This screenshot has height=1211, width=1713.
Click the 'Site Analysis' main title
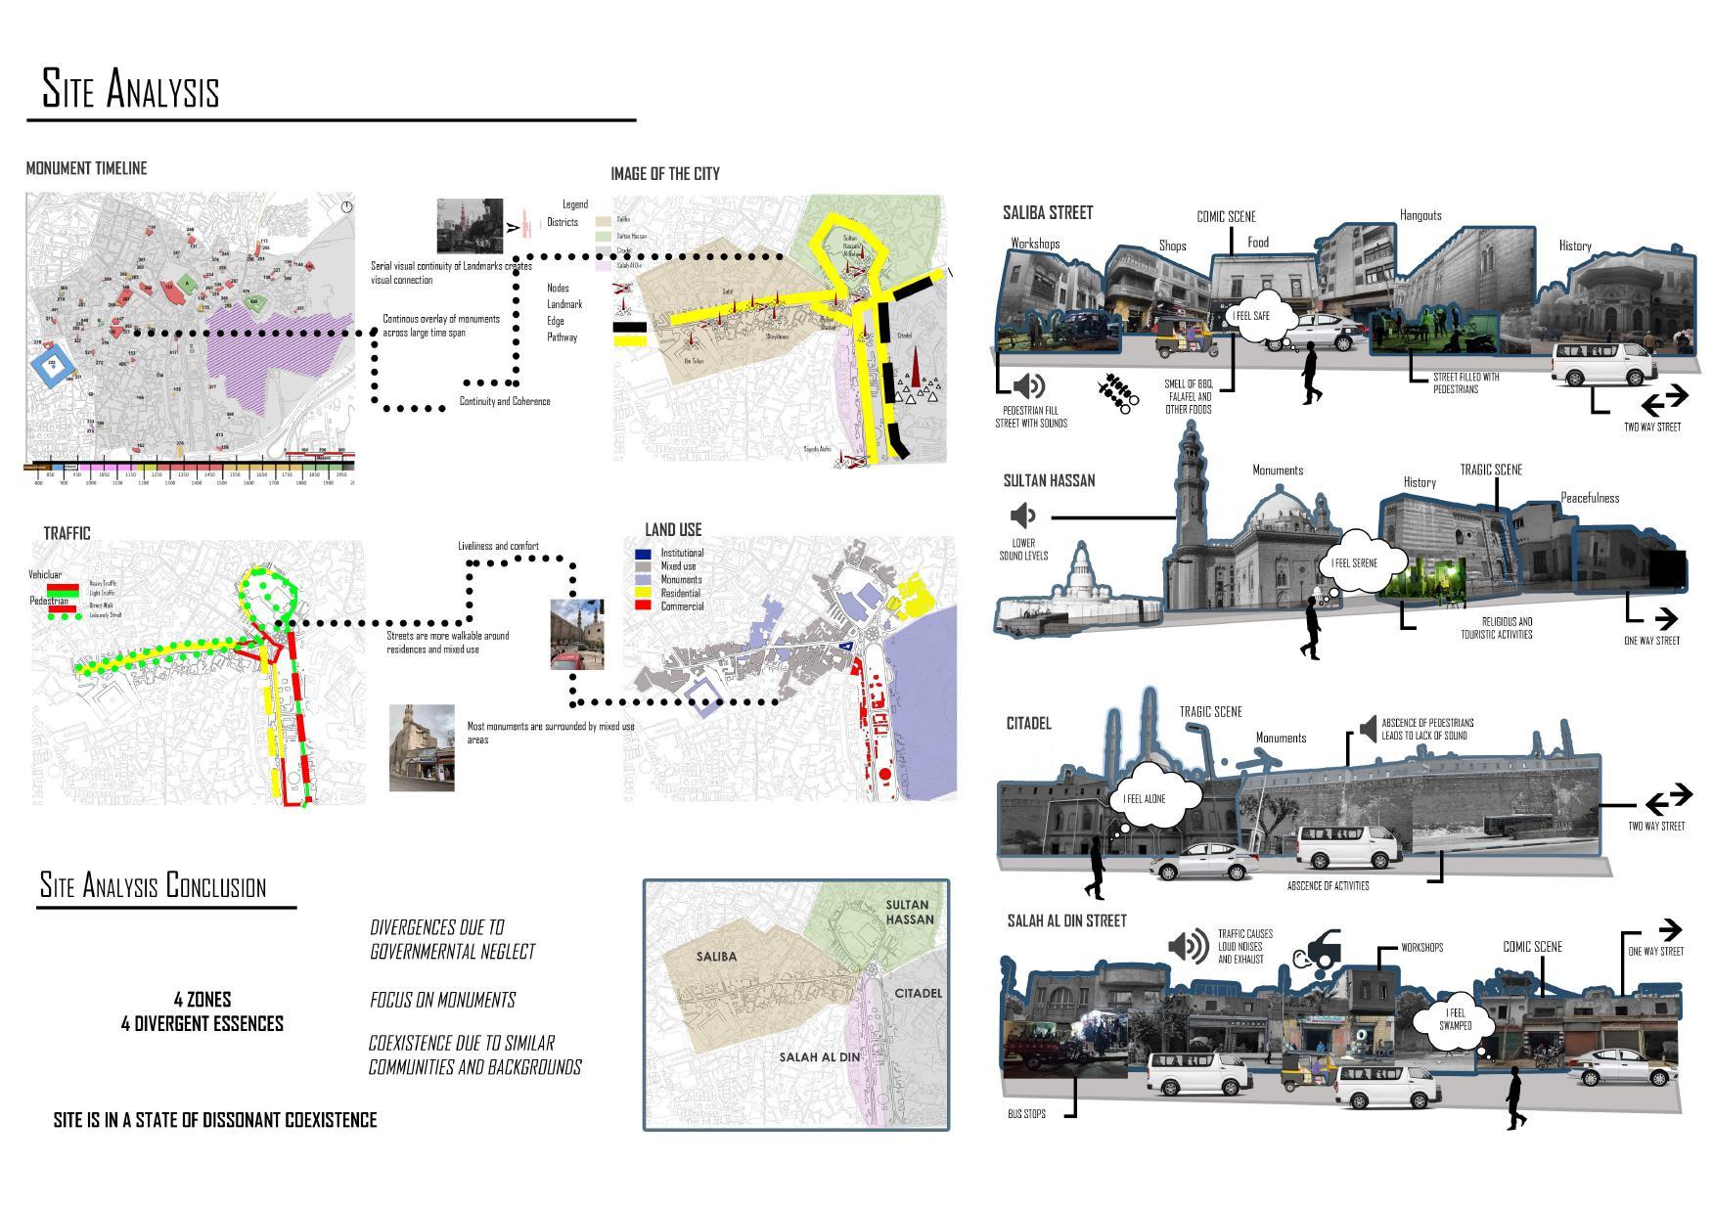pyautogui.click(x=130, y=89)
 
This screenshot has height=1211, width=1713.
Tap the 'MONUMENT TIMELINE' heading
pyautogui.click(x=86, y=168)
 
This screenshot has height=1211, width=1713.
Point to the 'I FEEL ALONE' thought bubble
pyautogui.click(x=1144, y=798)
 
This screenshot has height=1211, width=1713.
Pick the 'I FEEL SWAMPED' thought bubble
pyautogui.click(x=1455, y=1019)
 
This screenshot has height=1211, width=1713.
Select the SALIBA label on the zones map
pyautogui.click(x=716, y=956)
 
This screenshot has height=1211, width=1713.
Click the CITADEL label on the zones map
pyautogui.click(x=918, y=993)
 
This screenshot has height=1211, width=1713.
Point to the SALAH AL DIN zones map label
pyautogui.click(x=819, y=1056)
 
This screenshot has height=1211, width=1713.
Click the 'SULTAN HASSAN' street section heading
pyautogui.click(x=1049, y=480)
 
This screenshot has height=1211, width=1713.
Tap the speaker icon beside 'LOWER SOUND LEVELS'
pyautogui.click(x=1022, y=516)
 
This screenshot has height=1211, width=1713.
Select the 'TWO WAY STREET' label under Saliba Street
pyautogui.click(x=1651, y=426)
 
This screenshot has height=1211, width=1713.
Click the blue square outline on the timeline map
pyautogui.click(x=53, y=364)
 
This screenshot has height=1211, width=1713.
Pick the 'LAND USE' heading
pyautogui.click(x=673, y=529)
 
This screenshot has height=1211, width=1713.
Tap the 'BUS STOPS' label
pyautogui.click(x=1026, y=1113)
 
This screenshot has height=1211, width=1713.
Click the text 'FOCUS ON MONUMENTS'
pyautogui.click(x=442, y=1000)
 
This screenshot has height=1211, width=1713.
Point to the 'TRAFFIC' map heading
pyautogui.click(x=67, y=533)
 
